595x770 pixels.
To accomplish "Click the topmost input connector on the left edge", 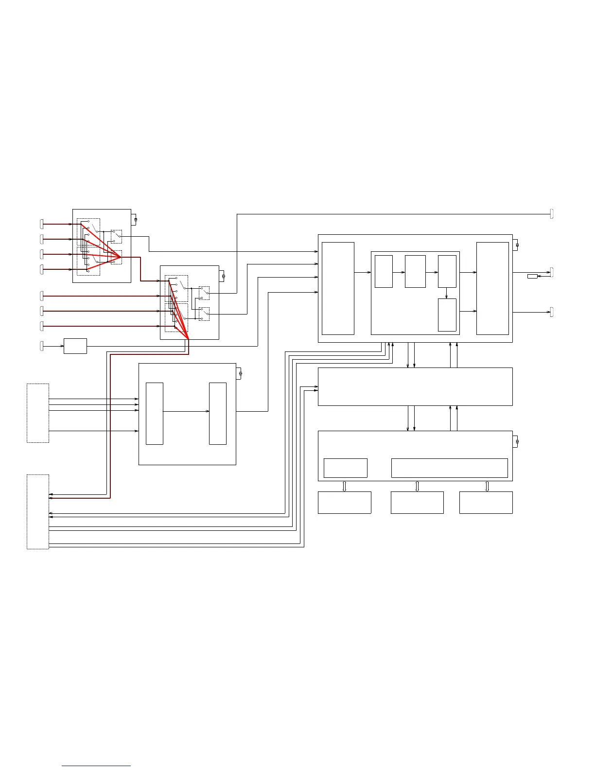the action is tap(41, 224).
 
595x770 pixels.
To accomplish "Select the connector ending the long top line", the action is tap(552, 213).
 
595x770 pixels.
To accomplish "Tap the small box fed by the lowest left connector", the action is tap(75, 346).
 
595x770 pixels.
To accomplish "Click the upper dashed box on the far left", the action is tap(38, 413).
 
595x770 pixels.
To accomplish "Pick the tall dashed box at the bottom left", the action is tap(38, 512).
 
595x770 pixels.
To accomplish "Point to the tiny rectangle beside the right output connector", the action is tap(532, 276).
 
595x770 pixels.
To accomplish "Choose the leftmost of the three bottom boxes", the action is tap(344, 503).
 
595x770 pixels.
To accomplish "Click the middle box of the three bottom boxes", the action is tap(417, 503).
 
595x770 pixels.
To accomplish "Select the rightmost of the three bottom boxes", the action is tap(486, 503).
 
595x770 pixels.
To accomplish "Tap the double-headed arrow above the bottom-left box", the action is tap(344, 486).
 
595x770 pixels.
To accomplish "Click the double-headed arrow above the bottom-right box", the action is tap(487, 486).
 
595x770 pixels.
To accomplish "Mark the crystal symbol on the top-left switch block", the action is tap(136, 220).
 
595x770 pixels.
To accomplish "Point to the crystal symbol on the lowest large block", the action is tap(517, 441).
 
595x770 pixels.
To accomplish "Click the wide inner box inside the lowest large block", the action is tap(449, 468).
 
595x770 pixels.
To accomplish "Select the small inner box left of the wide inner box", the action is tap(345, 468).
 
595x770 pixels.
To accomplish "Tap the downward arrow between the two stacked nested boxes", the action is tap(447, 293).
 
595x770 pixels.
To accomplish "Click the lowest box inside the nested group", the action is tap(447, 315).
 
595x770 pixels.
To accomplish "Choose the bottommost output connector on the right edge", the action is tap(552, 312).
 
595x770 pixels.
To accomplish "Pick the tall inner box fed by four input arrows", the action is tap(155, 414).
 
